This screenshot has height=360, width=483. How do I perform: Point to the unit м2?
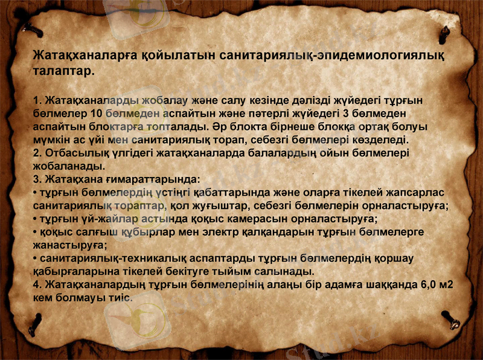pos(447,285)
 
